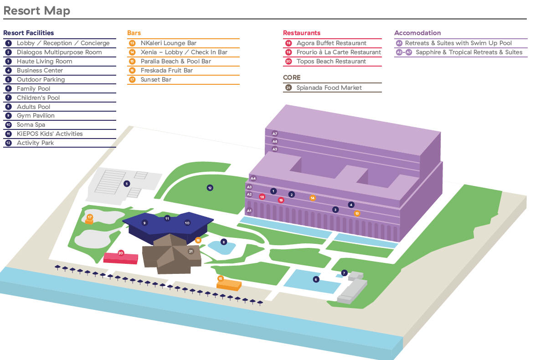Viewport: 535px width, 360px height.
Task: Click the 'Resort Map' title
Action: click(x=36, y=10)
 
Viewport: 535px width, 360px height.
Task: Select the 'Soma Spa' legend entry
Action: click(x=31, y=125)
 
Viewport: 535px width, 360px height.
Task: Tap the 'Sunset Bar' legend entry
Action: click(x=156, y=80)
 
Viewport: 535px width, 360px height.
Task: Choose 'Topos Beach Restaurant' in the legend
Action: click(x=331, y=62)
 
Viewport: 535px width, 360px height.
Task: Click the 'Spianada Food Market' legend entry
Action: click(x=329, y=88)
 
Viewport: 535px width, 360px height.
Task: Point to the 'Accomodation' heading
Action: click(x=417, y=33)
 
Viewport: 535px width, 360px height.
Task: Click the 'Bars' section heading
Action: click(x=134, y=33)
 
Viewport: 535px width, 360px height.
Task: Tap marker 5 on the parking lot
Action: click(x=127, y=184)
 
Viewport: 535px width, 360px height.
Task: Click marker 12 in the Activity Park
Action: click(x=210, y=188)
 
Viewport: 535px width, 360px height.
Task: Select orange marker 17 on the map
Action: click(x=90, y=217)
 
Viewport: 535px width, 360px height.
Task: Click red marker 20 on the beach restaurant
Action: click(x=121, y=252)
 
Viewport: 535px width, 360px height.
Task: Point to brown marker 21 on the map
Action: click(x=191, y=251)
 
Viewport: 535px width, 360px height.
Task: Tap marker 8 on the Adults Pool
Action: click(x=223, y=242)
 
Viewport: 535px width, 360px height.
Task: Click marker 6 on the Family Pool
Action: click(x=316, y=279)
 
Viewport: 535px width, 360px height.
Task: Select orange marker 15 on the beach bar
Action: click(x=221, y=278)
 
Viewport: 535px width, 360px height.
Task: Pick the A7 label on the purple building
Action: click(x=274, y=134)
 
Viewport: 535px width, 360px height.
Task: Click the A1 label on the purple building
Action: click(x=249, y=211)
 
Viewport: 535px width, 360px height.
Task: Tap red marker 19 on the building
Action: click(x=281, y=200)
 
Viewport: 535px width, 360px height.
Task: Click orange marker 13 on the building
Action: click(x=357, y=213)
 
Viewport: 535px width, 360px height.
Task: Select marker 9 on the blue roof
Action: click(x=144, y=223)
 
